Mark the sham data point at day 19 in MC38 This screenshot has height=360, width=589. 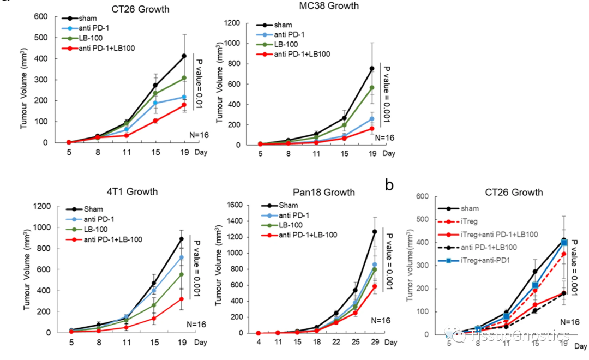coord(372,68)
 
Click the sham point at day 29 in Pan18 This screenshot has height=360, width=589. coord(374,232)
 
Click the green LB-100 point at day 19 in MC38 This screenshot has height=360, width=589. coord(372,87)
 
